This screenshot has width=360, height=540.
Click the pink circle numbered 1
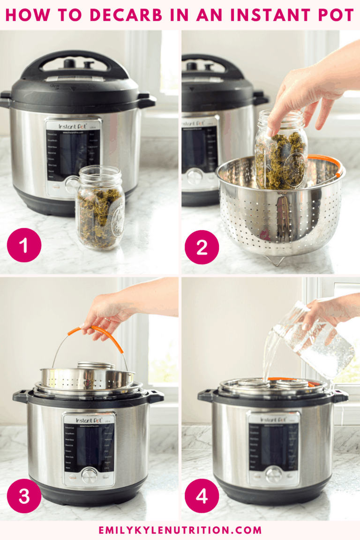pos(24,245)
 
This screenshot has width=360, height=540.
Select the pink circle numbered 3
pos(24,495)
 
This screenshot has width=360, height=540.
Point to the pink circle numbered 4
pos(202,495)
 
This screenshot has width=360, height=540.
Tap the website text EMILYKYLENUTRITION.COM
pos(180,530)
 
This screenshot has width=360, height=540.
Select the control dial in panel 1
pos(72,184)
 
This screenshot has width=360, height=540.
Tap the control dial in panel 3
pos(89,475)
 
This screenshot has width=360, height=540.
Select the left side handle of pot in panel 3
pos(21,396)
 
